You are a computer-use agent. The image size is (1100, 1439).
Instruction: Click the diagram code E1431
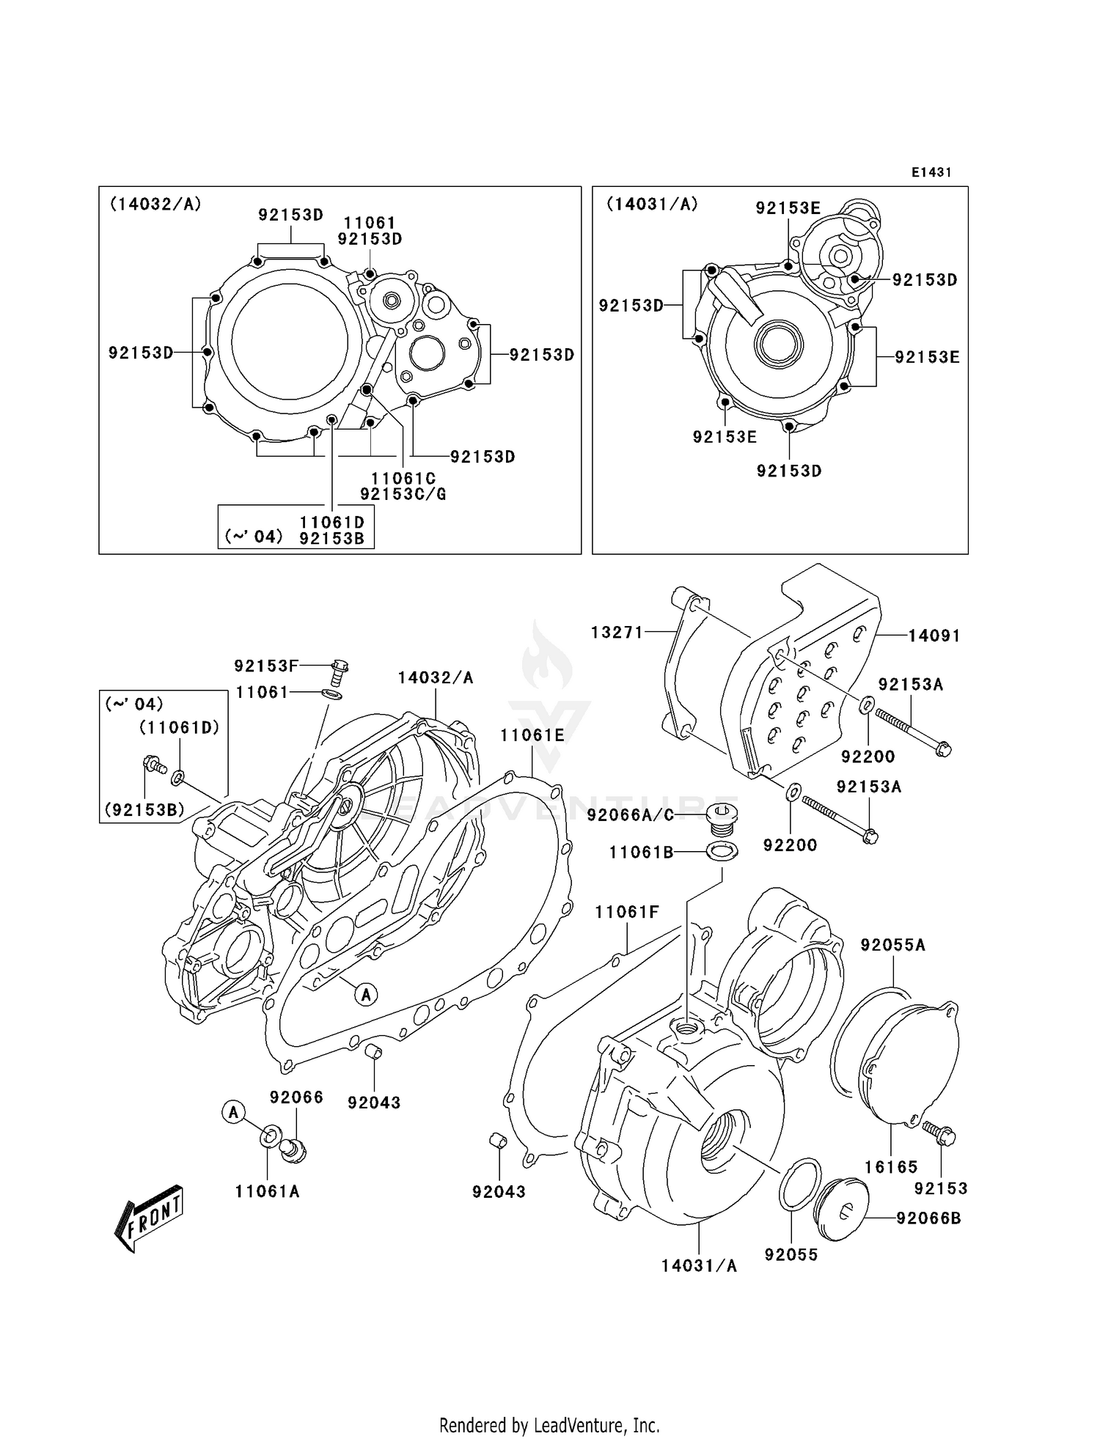pyautogui.click(x=931, y=172)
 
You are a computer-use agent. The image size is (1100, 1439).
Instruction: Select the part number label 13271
pyautogui.click(x=617, y=632)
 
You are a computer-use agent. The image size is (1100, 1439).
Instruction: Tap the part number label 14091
pyautogui.click(x=934, y=636)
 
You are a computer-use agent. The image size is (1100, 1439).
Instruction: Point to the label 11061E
pyautogui.click(x=532, y=735)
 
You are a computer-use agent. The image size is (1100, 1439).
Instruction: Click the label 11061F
pyautogui.click(x=626, y=912)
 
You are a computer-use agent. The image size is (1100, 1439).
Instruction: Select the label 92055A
pyautogui.click(x=892, y=946)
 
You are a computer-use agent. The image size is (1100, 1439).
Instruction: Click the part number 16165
pyautogui.click(x=891, y=1166)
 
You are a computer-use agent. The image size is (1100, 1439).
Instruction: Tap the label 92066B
pyautogui.click(x=928, y=1218)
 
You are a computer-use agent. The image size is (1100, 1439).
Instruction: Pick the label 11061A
pyautogui.click(x=267, y=1191)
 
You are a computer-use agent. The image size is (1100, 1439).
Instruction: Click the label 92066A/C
pyautogui.click(x=630, y=815)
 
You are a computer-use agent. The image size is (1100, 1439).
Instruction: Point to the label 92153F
pyautogui.click(x=266, y=666)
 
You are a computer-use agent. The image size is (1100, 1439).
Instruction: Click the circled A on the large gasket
pyautogui.click(x=366, y=994)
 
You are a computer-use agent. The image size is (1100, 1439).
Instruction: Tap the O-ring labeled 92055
pyautogui.click(x=799, y=1185)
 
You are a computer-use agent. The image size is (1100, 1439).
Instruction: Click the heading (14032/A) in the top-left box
pyautogui.click(x=155, y=205)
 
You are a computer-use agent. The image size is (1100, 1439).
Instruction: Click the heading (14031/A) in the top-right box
pyautogui.click(x=651, y=205)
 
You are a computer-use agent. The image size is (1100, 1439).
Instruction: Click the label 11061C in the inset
pyautogui.click(x=403, y=479)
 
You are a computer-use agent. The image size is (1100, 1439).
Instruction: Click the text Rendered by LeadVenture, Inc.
pyautogui.click(x=549, y=1424)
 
